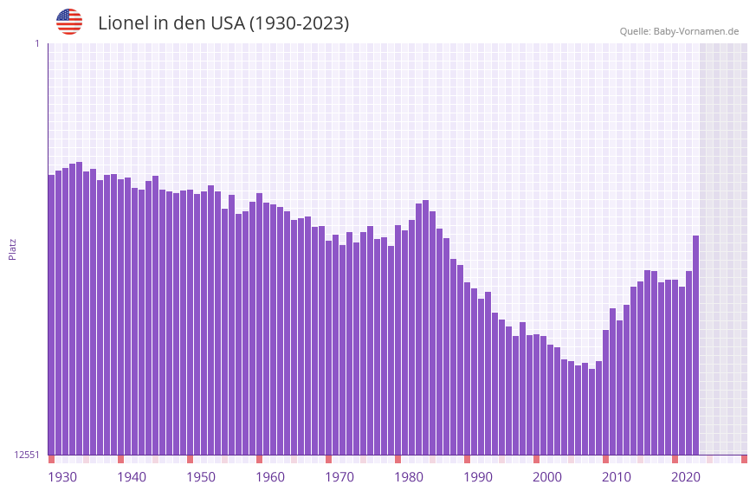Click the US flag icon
click(69, 22)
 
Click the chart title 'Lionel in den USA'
click(223, 23)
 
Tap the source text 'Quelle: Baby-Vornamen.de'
click(679, 31)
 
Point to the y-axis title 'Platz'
click(12, 249)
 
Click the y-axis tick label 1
click(36, 43)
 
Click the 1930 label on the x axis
click(62, 476)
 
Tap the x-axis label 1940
click(132, 476)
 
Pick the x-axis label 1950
click(201, 476)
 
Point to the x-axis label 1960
click(270, 476)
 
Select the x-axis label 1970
click(339, 476)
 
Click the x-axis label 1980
click(409, 476)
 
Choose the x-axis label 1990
click(478, 476)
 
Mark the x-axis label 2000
click(547, 476)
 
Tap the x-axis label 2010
click(617, 476)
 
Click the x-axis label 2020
click(686, 476)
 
